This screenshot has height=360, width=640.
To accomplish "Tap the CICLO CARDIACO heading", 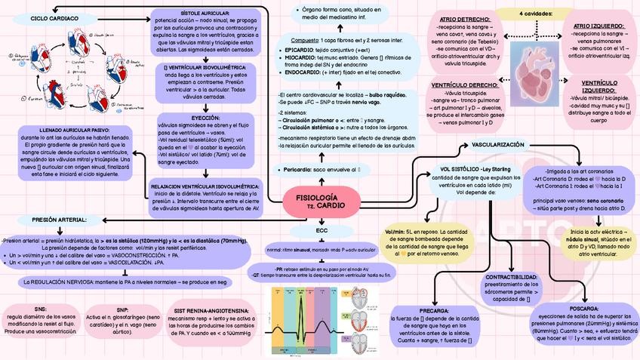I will [x=34, y=17].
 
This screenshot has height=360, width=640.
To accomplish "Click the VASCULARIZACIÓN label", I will [x=497, y=143].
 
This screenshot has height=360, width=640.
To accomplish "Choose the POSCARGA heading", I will [x=584, y=309].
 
